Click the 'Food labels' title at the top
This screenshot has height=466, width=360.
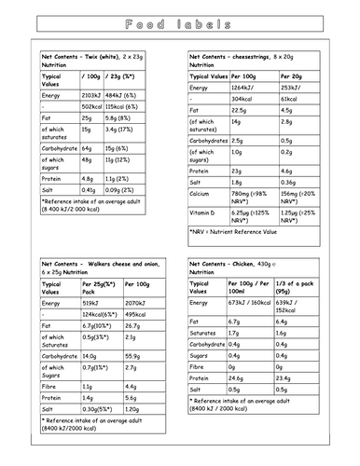(179, 25)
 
